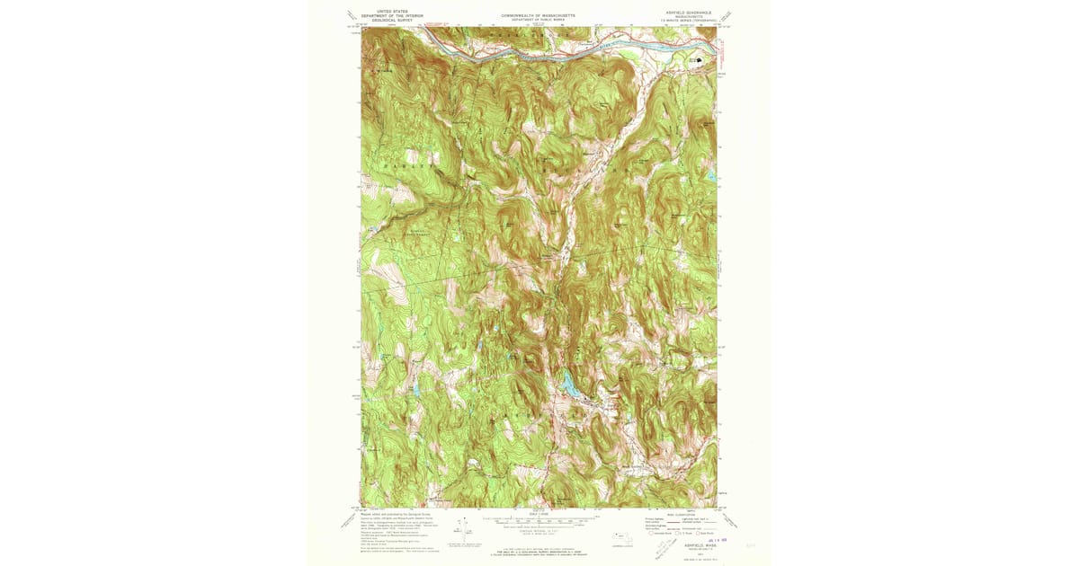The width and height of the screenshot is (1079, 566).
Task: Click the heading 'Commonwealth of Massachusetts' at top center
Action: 539,15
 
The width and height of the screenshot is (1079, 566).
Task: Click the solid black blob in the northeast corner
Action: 700,61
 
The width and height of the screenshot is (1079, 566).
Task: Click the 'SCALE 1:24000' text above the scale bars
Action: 539,512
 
